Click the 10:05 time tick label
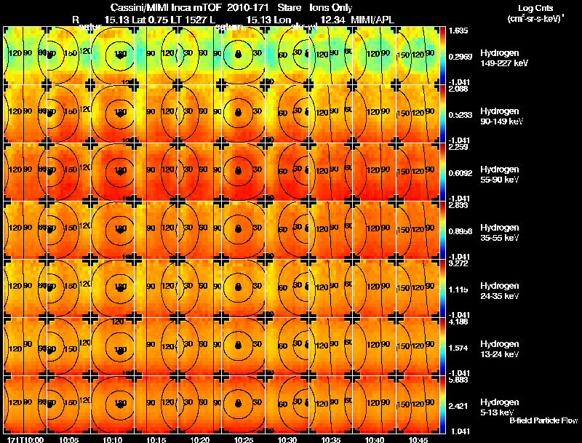tap(69, 439)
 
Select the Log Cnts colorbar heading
tap(535, 7)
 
